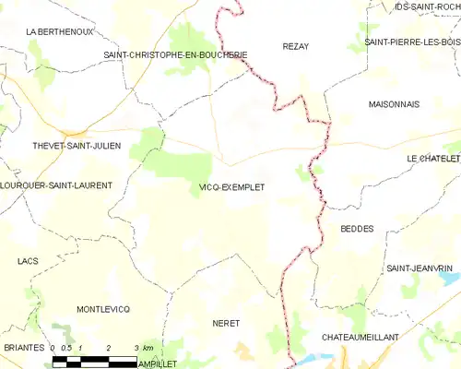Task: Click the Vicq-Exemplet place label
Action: pos(231,187)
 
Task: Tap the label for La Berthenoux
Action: pos(60,31)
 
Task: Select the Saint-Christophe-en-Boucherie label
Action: pos(175,55)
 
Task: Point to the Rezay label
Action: pos(295,46)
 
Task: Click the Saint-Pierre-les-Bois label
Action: pos(411,42)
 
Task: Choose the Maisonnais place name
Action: pos(394,103)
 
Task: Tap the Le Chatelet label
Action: pos(433,159)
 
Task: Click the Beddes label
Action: pos(357,229)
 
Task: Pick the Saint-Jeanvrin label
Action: pos(420,268)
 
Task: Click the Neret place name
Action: pos(226,324)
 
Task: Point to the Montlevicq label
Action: pos(103,308)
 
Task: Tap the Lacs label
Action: pos(28,261)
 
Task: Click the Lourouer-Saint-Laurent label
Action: pos(56,185)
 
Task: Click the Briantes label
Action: pos(23,347)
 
